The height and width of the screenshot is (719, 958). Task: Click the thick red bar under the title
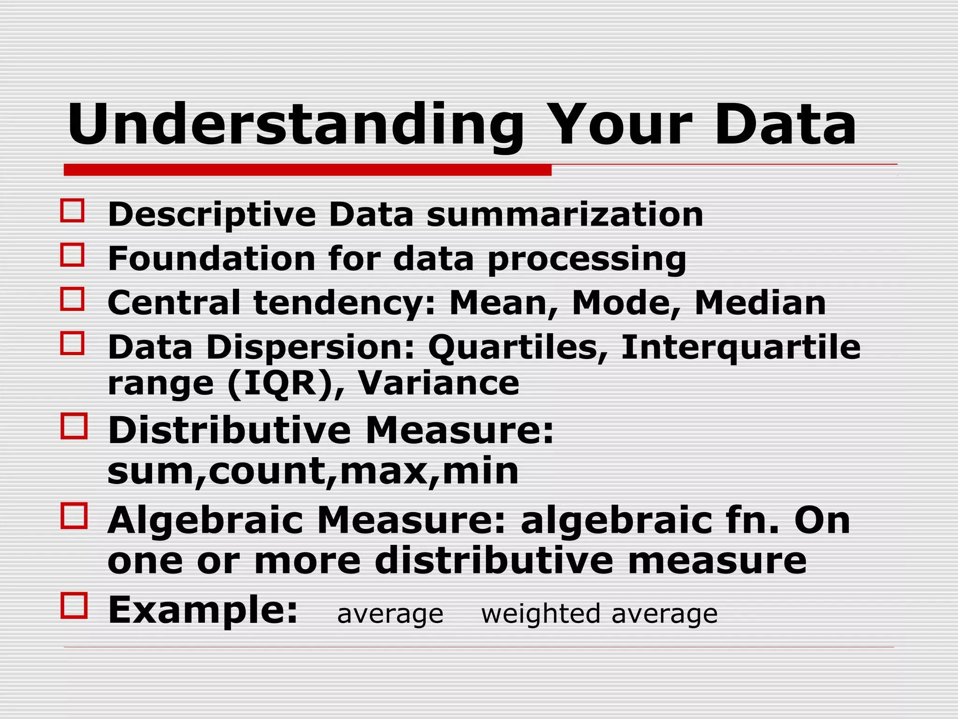tap(307, 170)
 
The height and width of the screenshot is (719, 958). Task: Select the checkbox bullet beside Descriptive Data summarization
tap(73, 211)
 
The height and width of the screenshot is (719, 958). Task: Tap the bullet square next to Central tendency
tap(73, 299)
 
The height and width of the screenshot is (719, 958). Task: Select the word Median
tap(761, 303)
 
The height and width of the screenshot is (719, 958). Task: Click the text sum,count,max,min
tap(313, 470)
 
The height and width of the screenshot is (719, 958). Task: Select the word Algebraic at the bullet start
tap(205, 521)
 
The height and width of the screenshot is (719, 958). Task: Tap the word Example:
tap(203, 609)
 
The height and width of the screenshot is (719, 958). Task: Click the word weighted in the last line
tap(540, 614)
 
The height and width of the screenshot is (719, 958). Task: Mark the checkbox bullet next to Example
tap(74, 606)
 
